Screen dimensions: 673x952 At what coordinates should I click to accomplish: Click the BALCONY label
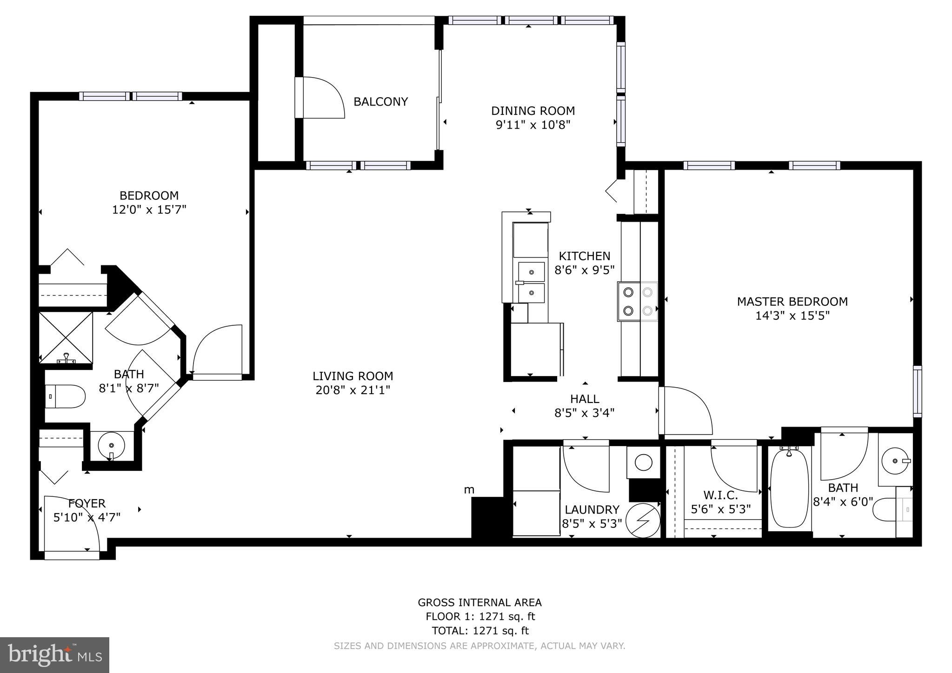[380, 102]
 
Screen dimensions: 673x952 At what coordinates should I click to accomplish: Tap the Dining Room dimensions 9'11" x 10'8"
[533, 125]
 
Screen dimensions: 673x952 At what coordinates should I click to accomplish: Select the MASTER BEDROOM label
[792, 302]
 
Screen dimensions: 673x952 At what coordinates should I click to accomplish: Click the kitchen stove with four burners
[637, 301]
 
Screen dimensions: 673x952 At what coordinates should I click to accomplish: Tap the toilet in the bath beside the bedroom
[66, 396]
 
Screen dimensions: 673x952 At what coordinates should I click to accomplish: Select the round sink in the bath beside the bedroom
[111, 446]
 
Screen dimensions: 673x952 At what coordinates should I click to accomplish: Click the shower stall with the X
[66, 337]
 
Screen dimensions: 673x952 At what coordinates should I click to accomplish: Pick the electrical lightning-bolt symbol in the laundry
[643, 520]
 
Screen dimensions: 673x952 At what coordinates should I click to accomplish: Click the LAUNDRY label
[592, 510]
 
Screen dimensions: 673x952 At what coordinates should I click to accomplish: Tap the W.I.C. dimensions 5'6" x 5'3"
[720, 509]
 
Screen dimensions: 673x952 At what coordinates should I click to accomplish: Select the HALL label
[585, 399]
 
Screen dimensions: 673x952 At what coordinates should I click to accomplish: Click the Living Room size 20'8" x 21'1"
[353, 390]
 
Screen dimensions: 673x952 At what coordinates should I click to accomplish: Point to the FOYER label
[87, 503]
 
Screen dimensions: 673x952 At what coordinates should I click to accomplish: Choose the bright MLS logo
[54, 655]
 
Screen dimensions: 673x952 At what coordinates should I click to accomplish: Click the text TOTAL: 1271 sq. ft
[480, 631]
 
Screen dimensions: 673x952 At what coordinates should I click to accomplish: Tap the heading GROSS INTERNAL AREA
[479, 602]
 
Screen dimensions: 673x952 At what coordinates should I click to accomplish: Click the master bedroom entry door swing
[688, 411]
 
